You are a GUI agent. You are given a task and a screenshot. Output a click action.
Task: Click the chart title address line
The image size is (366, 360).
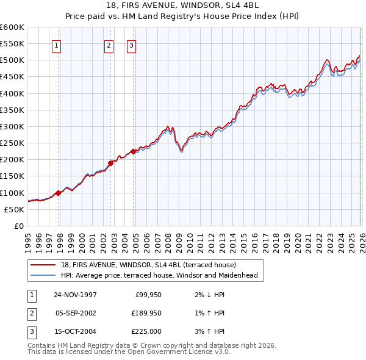[x=182, y=5]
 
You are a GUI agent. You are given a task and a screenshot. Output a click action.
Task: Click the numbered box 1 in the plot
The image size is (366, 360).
[x=56, y=45]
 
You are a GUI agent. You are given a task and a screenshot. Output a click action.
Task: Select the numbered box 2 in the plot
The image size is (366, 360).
[x=109, y=45]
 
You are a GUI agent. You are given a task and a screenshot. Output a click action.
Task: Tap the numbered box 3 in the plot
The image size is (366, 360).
[x=131, y=45]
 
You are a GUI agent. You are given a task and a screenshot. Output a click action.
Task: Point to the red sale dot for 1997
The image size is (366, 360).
[x=59, y=193]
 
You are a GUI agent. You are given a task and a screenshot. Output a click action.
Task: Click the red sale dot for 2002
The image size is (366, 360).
[x=111, y=163]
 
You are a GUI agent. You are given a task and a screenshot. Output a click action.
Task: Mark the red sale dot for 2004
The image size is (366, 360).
[x=134, y=151]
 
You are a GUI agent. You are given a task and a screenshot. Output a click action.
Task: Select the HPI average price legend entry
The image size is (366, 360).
[x=159, y=275]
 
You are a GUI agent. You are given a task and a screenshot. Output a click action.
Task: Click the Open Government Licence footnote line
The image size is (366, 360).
[x=129, y=352]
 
